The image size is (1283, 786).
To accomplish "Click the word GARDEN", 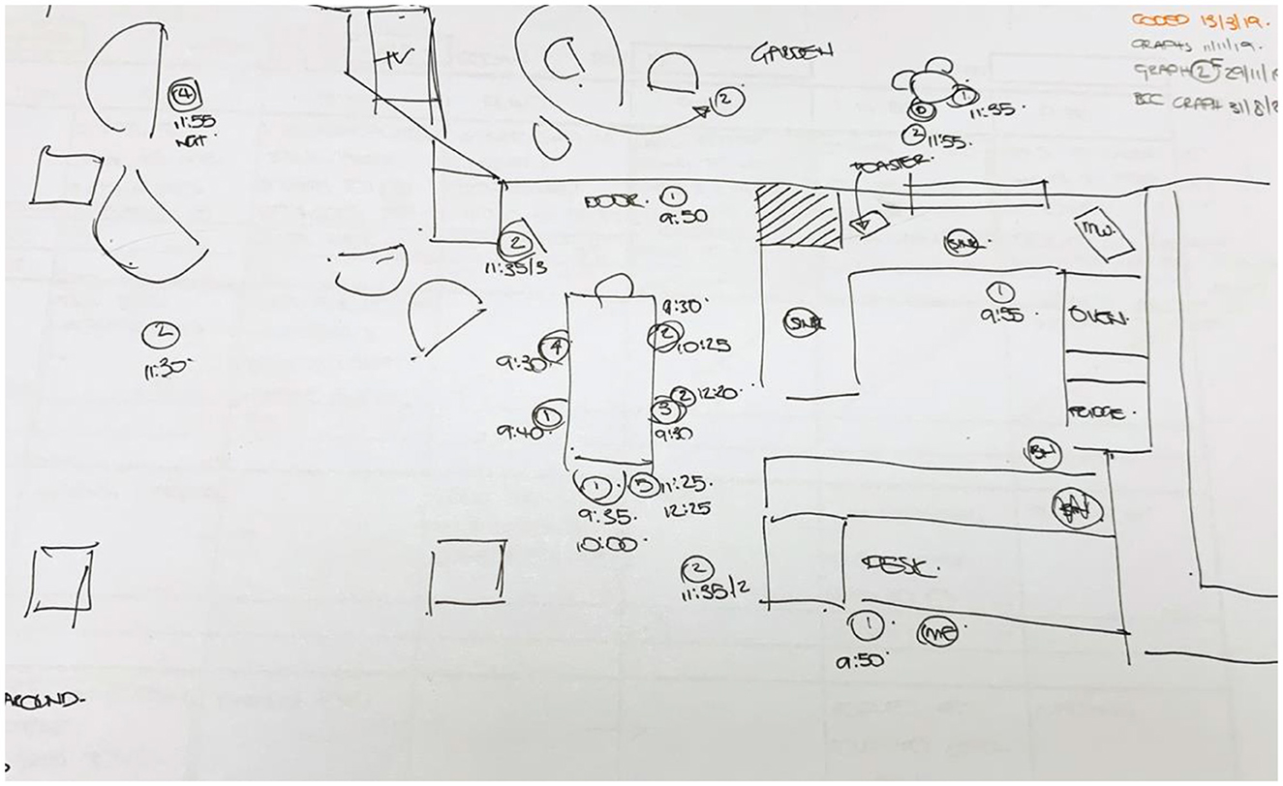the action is pos(791,53).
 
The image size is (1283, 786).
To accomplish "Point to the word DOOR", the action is pos(614,202).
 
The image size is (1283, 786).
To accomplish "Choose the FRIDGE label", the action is pos(1096,412).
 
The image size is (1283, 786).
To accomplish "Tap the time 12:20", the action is pos(718,393).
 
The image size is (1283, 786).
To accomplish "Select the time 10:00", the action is pos(605,544).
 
